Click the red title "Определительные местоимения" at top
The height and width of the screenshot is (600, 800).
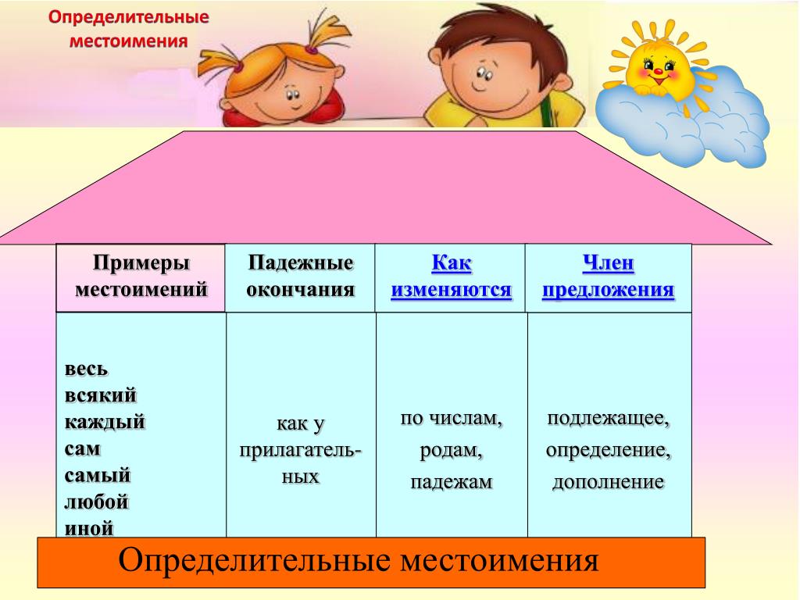129,29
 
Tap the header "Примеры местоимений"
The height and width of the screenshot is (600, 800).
141,276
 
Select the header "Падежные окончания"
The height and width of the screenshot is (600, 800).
301,276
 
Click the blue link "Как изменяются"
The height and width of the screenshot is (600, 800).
451,276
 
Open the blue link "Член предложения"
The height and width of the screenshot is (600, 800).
608,276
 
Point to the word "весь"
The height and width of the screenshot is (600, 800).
86,369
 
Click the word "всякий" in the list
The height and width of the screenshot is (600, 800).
101,395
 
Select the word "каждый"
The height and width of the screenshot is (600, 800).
105,422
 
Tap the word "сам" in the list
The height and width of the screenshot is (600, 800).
83,449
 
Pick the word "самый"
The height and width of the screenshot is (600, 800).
98,476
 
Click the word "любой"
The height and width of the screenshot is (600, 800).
96,502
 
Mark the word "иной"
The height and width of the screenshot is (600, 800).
89,528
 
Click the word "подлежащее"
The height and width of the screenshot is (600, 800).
608,419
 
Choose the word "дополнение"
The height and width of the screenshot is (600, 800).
608,482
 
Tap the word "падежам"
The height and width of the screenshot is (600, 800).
452,482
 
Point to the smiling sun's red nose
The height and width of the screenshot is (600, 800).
658,71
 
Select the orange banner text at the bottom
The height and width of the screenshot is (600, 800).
358,560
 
